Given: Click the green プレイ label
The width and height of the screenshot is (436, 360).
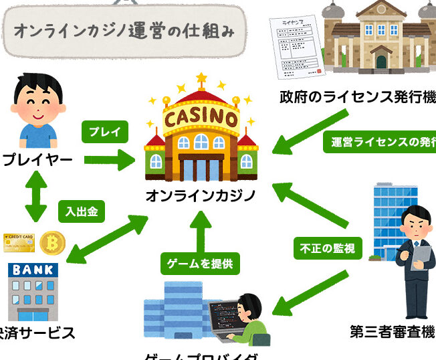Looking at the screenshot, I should pyautogui.click(x=104, y=132).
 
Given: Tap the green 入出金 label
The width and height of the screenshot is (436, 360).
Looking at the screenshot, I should pyautogui.click(x=82, y=212).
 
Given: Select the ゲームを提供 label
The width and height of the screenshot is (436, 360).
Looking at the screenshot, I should pyautogui.click(x=200, y=264).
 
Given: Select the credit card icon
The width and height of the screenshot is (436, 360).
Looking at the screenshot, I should pyautogui.click(x=19, y=242).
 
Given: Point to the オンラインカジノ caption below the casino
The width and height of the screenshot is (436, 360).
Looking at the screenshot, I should pyautogui.click(x=201, y=196).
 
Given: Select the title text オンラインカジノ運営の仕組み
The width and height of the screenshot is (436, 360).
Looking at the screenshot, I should pyautogui.click(x=124, y=30).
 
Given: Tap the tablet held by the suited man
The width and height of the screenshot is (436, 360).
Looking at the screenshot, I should pyautogui.click(x=422, y=255).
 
